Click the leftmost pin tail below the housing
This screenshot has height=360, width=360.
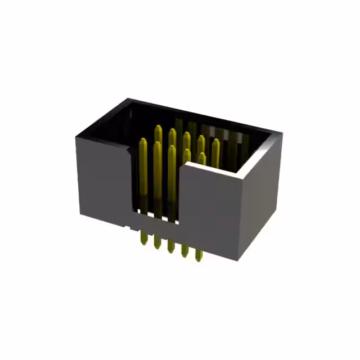142,238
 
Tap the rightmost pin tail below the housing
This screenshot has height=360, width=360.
199,253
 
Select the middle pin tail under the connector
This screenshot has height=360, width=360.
170,245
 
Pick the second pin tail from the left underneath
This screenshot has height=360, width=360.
156,242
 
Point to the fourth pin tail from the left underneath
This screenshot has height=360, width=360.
184,249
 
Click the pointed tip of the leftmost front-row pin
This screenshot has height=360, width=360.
143,141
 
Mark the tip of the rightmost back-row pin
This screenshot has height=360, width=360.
216,141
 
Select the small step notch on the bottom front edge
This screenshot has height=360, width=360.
131,228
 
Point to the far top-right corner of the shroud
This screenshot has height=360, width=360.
281,134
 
